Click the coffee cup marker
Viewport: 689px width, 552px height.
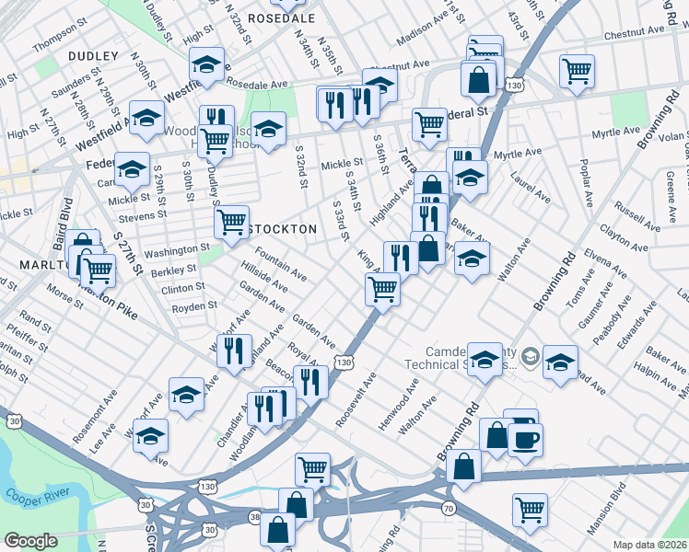coord(524,440)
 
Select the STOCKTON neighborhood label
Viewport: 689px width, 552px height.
coord(283,228)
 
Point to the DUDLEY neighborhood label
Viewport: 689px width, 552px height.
coord(93,56)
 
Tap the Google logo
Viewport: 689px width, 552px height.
coord(30,541)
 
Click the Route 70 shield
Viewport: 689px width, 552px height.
coord(449,508)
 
